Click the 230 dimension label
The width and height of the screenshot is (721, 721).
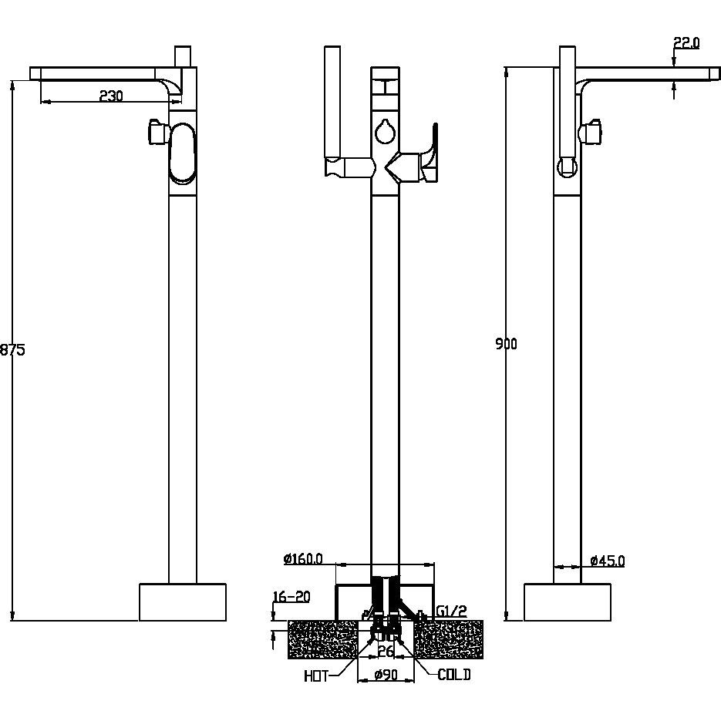coord(111,96)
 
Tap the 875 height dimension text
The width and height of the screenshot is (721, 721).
coord(12,350)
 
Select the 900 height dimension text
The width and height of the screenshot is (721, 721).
coord(507,343)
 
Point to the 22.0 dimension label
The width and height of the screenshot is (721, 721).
coord(686,42)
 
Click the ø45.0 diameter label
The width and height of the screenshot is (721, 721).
coord(608,561)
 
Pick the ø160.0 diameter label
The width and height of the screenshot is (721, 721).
coord(303,559)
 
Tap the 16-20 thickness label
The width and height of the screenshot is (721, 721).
coord(291,596)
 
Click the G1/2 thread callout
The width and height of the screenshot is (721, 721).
coord(451,611)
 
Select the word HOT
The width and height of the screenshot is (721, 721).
coord(316,676)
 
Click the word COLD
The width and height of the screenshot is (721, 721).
coord(454,675)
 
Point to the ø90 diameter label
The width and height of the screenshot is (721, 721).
coord(386,675)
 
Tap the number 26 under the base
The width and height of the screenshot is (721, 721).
coord(386,651)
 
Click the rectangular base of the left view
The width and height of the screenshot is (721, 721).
coord(183,602)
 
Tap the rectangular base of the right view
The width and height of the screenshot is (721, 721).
coord(568,602)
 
